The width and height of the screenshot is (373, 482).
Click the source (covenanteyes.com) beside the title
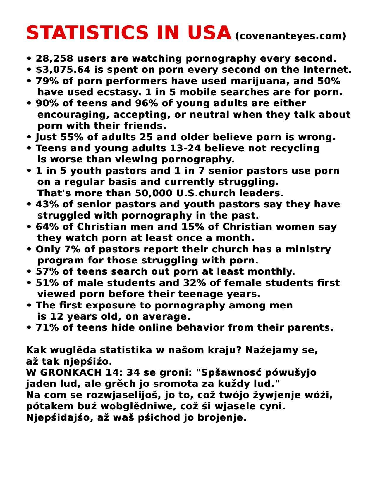(291, 36)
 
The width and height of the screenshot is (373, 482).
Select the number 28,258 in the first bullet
(54, 59)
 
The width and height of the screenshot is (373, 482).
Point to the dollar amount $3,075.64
(63, 70)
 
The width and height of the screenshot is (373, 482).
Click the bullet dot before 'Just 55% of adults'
(29, 137)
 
